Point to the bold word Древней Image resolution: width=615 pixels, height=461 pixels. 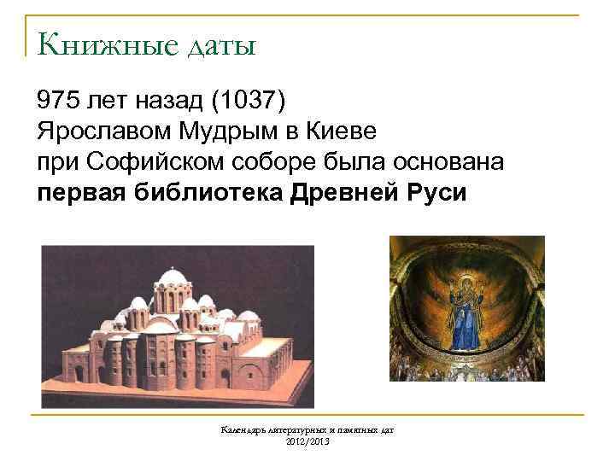(341, 191)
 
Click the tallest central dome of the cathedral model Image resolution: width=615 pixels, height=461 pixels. (173, 285)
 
